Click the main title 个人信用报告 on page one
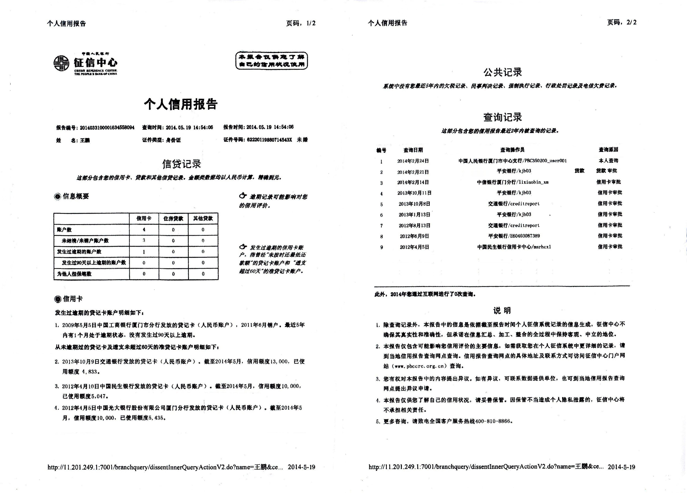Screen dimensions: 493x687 pos(181,104)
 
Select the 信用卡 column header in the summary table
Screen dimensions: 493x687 pos(144,218)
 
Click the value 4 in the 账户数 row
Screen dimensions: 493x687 pos(144,229)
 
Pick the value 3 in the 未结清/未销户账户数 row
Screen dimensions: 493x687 pos(144,240)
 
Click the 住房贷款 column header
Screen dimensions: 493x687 pos(173,218)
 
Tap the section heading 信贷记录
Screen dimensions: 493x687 pos(181,164)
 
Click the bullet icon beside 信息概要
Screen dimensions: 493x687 pos(58,196)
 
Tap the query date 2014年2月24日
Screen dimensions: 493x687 pos(413,161)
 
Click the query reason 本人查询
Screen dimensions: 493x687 pos(608,161)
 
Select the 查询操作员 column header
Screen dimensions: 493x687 pos(512,150)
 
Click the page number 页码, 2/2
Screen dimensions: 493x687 pos(622,22)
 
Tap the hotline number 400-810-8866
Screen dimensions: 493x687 pos(493,421)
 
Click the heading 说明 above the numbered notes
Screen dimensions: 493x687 pos(502,310)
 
